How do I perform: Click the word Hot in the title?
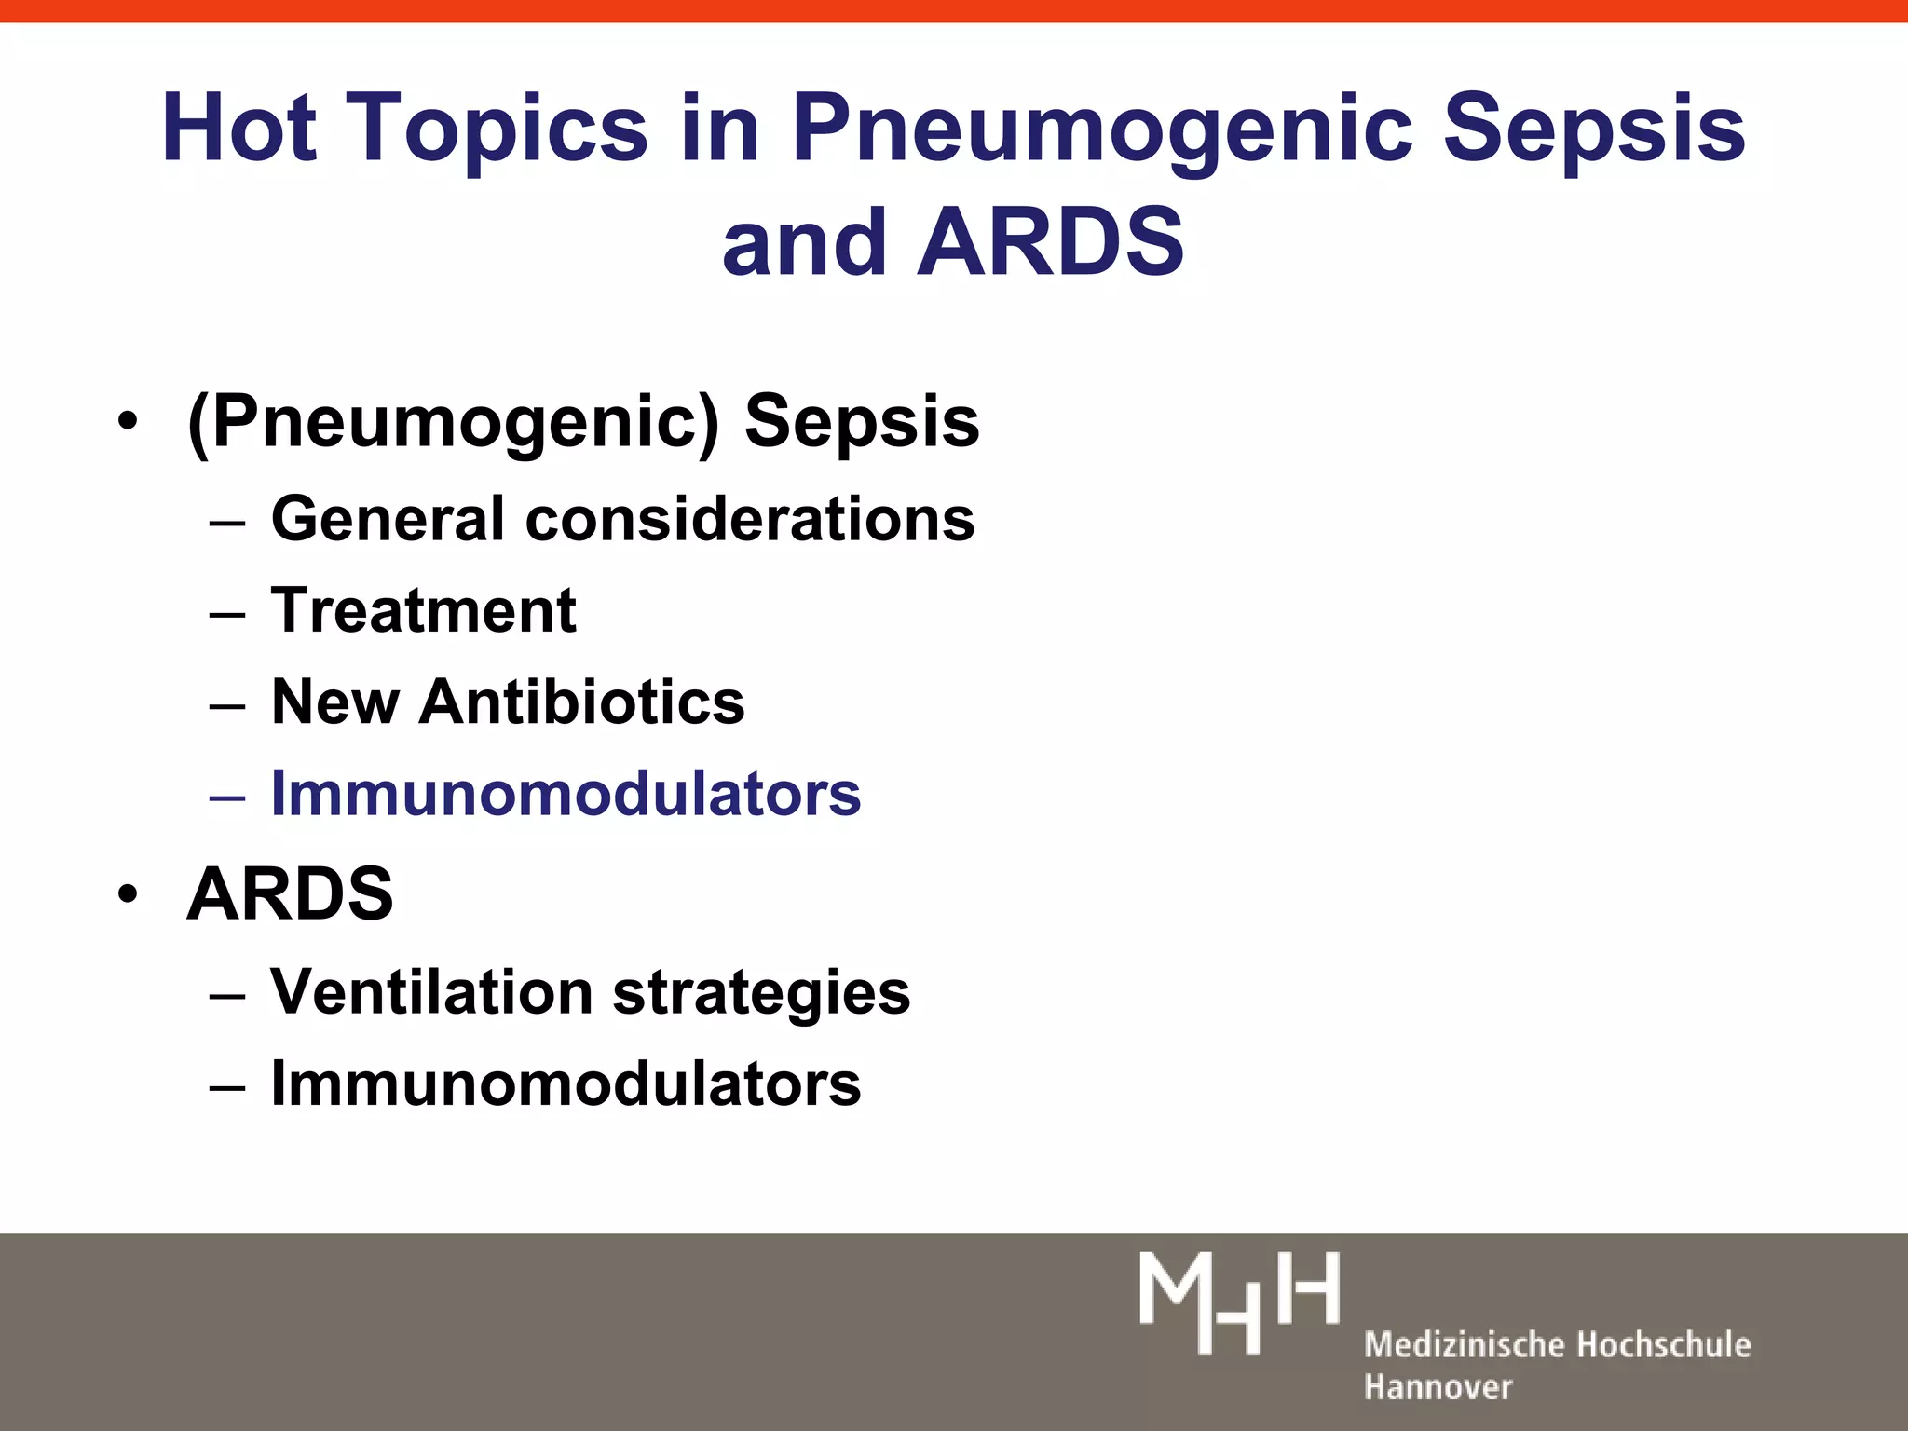238,128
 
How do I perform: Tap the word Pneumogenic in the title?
1099,128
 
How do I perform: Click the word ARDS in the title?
1050,242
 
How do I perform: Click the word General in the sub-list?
388,518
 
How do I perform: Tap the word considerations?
750,518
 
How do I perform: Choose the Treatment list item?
423,610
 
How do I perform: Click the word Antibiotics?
582,702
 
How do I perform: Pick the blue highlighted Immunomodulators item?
566,794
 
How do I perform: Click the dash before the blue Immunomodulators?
227,797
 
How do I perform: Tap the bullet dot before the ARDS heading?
128,894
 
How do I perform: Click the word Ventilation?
431,991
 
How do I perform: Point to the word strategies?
761,993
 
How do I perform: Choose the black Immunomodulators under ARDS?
566,1083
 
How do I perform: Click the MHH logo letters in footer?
1239,1302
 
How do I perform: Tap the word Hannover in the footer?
1438,1387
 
